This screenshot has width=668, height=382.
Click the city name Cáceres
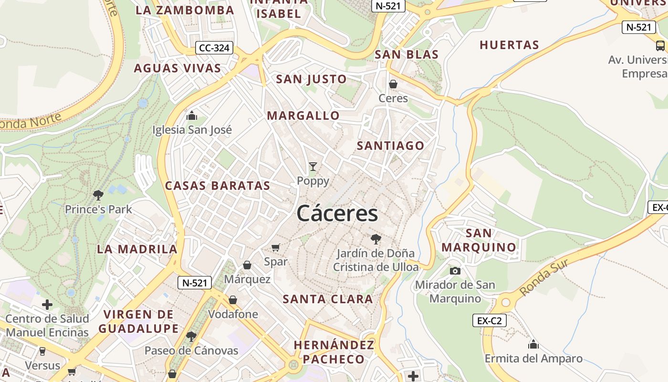pyautogui.click(x=337, y=213)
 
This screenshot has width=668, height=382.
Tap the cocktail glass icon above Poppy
pyautogui.click(x=313, y=167)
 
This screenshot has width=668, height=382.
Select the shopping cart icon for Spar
pyautogui.click(x=275, y=247)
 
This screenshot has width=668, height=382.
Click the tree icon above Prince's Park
pyautogui.click(x=98, y=195)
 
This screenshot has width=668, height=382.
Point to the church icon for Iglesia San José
pyautogui.click(x=192, y=116)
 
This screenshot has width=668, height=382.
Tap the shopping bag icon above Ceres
pyautogui.click(x=393, y=85)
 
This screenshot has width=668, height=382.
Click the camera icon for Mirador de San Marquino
pyautogui.click(x=455, y=271)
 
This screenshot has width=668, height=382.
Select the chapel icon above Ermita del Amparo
pyautogui.click(x=533, y=344)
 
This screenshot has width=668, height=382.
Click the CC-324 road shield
pyautogui.click(x=214, y=48)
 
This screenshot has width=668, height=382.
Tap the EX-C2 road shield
pyautogui.click(x=489, y=320)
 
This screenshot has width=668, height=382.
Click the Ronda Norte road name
pyautogui.click(x=31, y=121)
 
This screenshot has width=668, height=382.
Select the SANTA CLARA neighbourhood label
pyautogui.click(x=328, y=299)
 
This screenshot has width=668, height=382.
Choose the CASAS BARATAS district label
pyautogui.click(x=218, y=186)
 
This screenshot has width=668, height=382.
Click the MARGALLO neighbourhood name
pyautogui.click(x=303, y=116)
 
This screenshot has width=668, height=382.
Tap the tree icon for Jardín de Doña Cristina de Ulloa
pyautogui.click(x=376, y=239)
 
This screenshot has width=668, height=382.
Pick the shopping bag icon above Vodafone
pyautogui.click(x=233, y=300)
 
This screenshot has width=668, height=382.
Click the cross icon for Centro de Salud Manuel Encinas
pyautogui.click(x=47, y=305)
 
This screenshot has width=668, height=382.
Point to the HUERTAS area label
pyautogui.click(x=509, y=45)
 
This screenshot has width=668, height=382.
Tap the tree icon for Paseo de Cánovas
pyautogui.click(x=191, y=337)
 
